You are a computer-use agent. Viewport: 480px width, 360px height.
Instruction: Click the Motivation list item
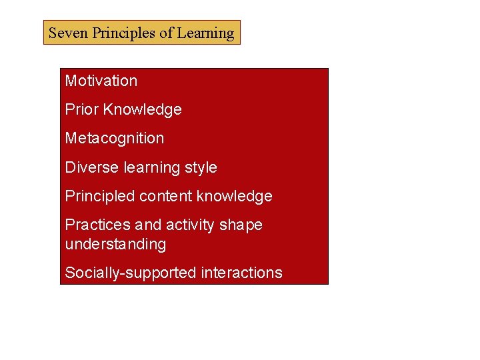pyautogui.click(x=101, y=81)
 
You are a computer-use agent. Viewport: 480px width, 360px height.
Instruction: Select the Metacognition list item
pyautogui.click(x=114, y=138)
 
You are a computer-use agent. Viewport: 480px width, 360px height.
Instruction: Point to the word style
pyautogui.click(x=199, y=167)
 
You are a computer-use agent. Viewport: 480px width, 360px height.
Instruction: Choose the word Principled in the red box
pyautogui.click(x=99, y=196)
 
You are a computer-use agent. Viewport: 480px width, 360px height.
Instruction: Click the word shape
pyautogui.click(x=241, y=225)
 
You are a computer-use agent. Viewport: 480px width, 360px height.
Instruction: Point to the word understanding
pyautogui.click(x=115, y=244)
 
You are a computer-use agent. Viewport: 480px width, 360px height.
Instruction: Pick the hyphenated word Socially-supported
pyautogui.click(x=128, y=273)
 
